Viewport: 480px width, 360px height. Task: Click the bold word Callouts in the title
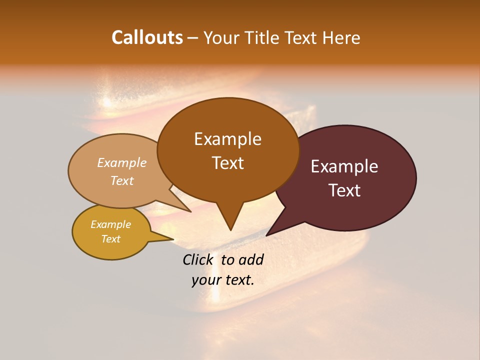(x=147, y=37)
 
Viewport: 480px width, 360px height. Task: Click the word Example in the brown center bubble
(x=227, y=139)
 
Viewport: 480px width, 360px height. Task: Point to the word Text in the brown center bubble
(x=227, y=163)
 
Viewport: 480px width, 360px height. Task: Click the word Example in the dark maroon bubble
(x=344, y=166)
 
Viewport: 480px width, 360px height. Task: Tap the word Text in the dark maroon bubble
(x=344, y=190)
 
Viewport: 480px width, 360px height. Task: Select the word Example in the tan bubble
(x=122, y=162)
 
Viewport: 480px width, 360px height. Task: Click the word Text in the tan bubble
(x=122, y=180)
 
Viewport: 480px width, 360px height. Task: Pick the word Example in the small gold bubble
(x=110, y=224)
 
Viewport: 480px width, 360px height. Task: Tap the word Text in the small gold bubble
(x=110, y=239)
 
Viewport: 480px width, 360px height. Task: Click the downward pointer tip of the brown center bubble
(x=230, y=229)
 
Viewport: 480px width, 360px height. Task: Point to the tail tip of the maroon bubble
(x=267, y=235)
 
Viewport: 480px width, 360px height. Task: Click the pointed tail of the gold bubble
(x=172, y=239)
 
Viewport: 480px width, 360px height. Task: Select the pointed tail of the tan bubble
(x=190, y=211)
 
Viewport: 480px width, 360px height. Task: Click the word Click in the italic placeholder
(x=198, y=259)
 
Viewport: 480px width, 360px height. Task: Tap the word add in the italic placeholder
(x=251, y=259)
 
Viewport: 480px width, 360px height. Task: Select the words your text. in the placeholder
(x=223, y=280)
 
